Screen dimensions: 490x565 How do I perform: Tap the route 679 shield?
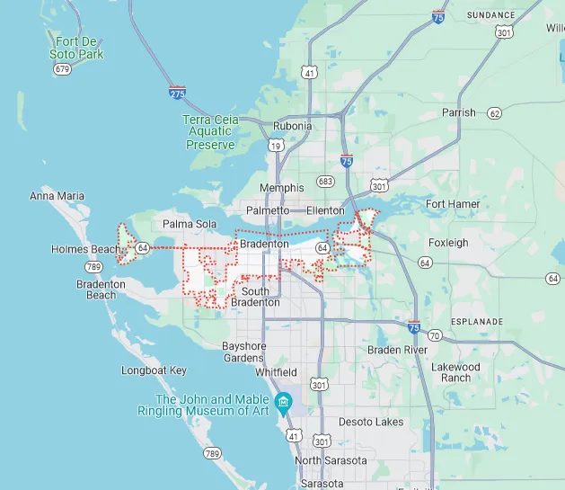tap(62, 69)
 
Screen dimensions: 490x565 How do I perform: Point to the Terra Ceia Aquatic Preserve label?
tap(211, 132)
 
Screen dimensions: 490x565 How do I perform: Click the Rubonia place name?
tap(292, 126)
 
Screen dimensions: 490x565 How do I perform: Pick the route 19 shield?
tap(275, 145)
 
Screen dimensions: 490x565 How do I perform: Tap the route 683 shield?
tap(325, 182)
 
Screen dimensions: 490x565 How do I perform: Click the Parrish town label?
tap(459, 112)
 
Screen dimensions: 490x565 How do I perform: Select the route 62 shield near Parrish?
tap(494, 113)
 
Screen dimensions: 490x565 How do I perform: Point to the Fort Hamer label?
tap(453, 204)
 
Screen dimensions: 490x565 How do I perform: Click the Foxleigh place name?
tap(448, 243)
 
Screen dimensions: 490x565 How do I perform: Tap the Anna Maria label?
tap(57, 196)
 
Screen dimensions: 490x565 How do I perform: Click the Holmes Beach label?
tap(85, 249)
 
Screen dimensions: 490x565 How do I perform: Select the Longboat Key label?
tap(154, 370)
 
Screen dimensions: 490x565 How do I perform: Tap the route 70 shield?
tap(435, 335)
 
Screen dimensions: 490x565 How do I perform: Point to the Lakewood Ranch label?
tap(455, 372)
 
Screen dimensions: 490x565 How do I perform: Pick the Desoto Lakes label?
tap(371, 422)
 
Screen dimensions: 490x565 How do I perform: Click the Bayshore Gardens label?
tap(243, 352)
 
